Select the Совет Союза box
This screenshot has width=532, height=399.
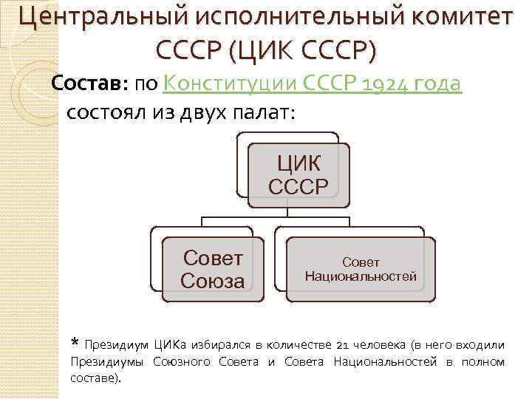213,270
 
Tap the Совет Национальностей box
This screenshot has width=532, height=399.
361,270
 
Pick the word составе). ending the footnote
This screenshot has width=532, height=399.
96,378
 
